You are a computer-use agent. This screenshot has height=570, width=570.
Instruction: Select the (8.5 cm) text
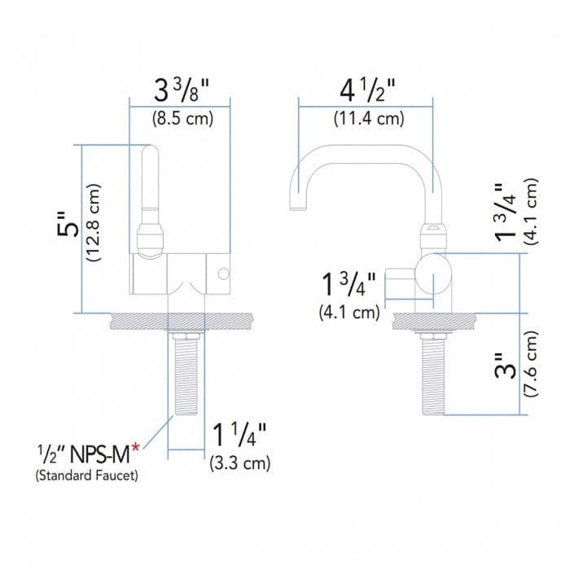pyautogui.click(x=182, y=118)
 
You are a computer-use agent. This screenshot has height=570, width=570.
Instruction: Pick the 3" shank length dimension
pyautogui.click(x=509, y=370)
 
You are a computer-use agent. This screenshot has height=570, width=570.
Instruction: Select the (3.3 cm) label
pyautogui.click(x=240, y=463)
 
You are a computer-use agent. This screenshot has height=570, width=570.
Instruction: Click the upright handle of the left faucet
pyautogui.click(x=150, y=187)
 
